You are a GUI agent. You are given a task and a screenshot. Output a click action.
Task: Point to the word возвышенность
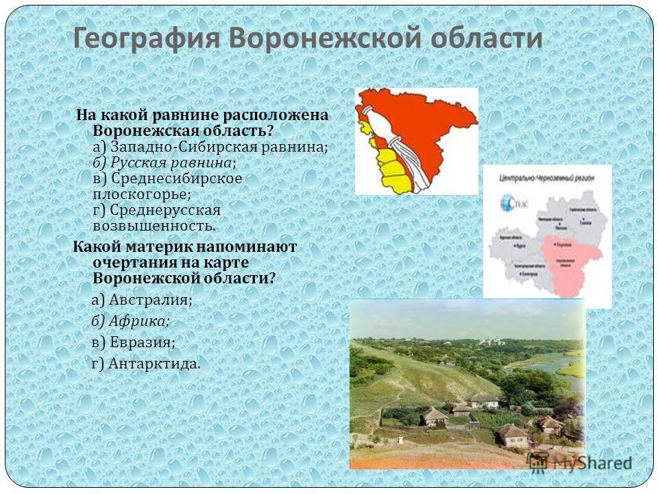[x=154, y=225]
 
